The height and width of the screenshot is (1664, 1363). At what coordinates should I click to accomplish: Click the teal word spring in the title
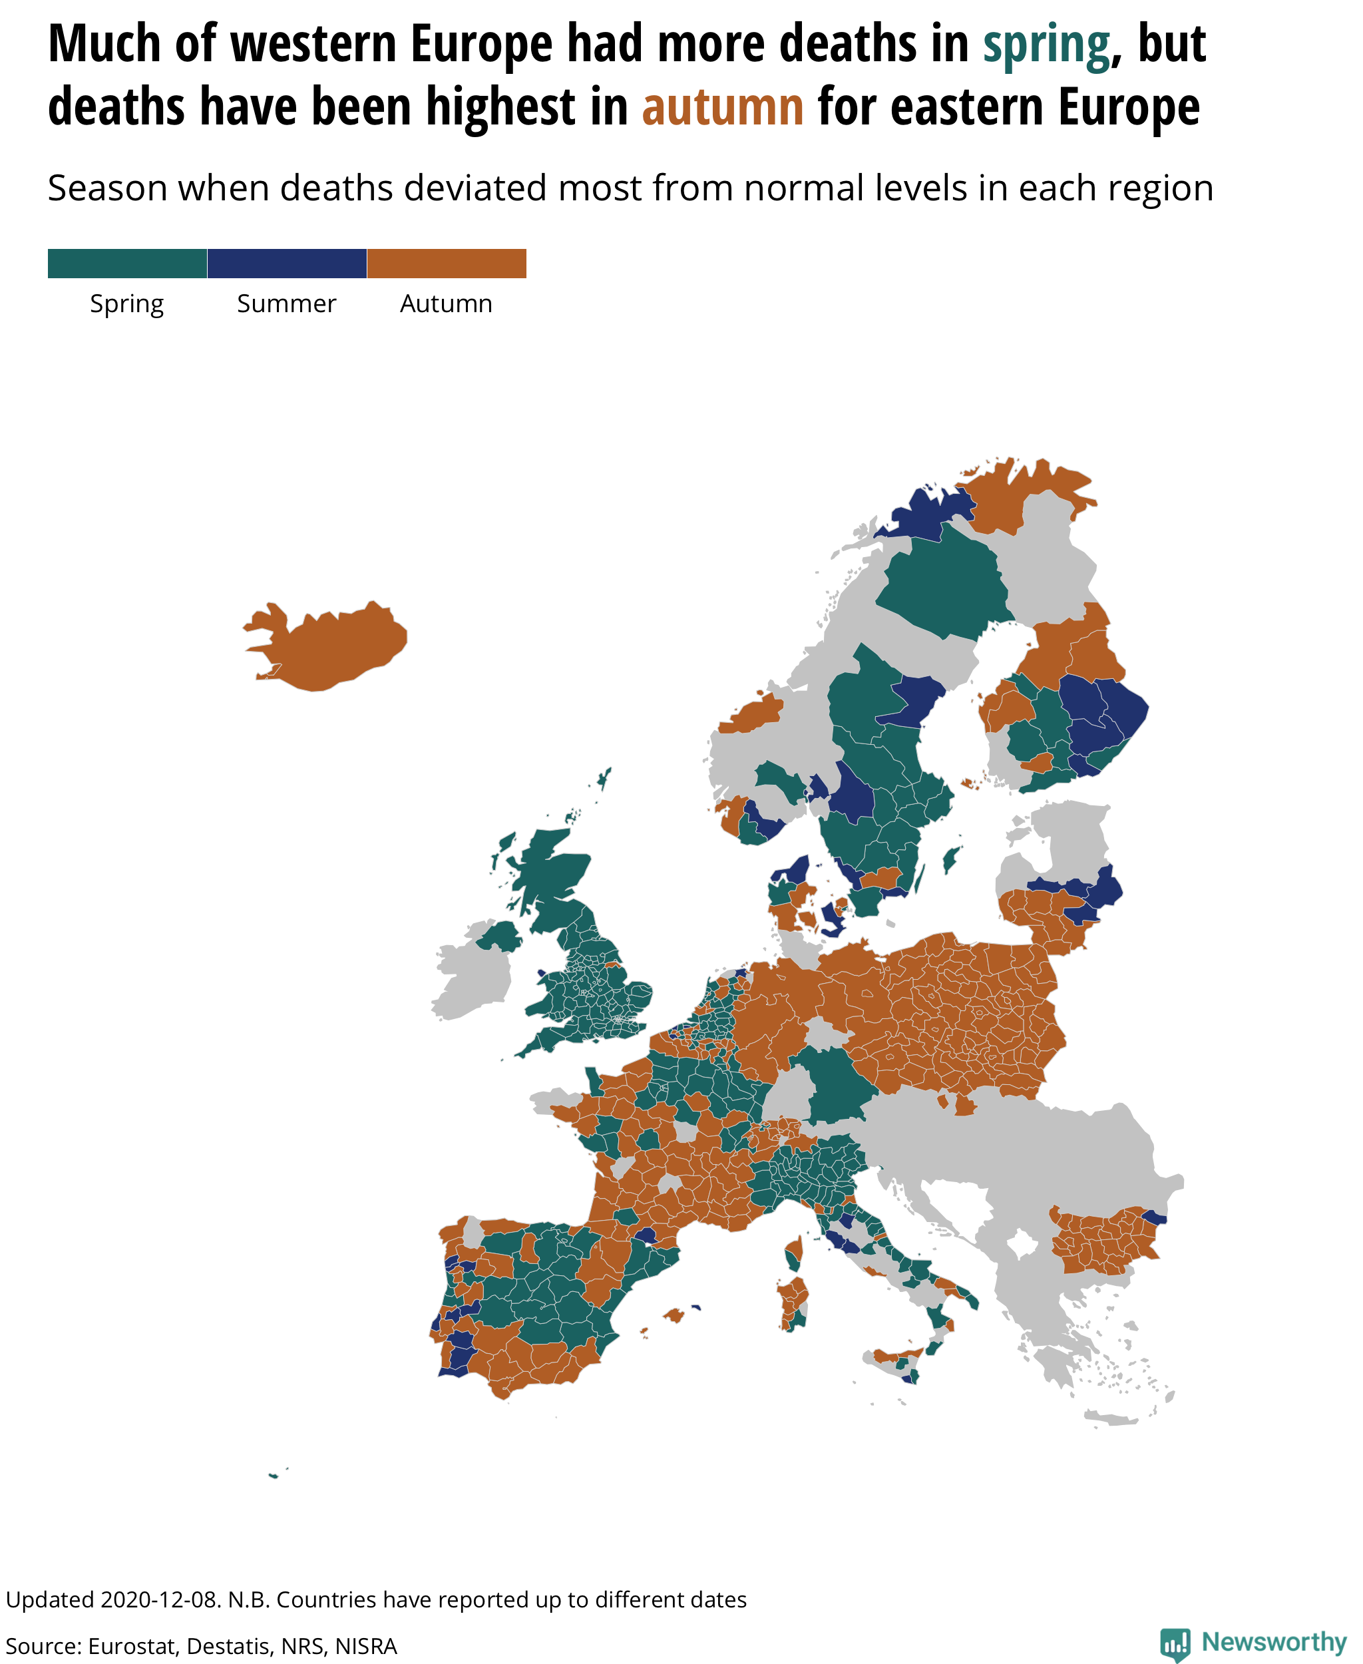click(x=1046, y=45)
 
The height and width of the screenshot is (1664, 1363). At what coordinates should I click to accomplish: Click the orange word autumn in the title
click(x=722, y=108)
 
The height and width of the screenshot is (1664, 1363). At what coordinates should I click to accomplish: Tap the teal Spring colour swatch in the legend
click(x=127, y=263)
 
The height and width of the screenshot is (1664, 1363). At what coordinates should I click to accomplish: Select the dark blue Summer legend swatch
click(x=287, y=263)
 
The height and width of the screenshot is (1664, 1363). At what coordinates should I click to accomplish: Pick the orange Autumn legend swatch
click(x=446, y=263)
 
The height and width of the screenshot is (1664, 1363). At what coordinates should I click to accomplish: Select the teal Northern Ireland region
click(x=499, y=936)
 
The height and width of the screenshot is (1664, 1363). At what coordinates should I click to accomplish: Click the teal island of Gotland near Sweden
click(x=951, y=859)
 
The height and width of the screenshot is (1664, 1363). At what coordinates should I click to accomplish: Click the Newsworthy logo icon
click(x=1175, y=1643)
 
